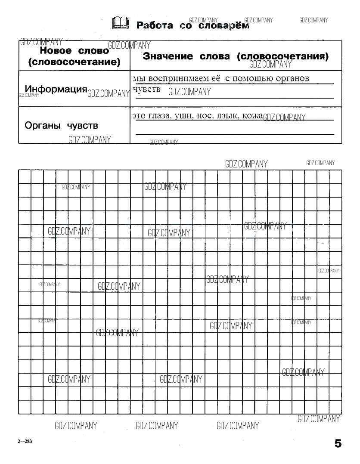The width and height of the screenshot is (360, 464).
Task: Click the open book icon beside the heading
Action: (x=120, y=23)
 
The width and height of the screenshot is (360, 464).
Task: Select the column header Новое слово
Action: (x=74, y=50)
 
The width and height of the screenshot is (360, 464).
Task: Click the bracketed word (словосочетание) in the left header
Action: (x=74, y=62)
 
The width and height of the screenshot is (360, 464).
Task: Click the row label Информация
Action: (x=56, y=89)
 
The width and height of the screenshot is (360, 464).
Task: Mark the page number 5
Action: (x=338, y=443)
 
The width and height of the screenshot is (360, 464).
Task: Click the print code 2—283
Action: (x=25, y=442)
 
